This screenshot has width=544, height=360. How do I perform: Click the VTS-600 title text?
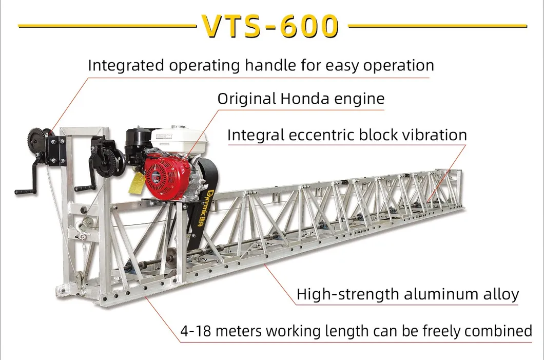coord(270,25)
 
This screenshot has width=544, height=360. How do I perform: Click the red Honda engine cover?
coord(163,172)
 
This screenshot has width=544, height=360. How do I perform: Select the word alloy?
coord(502,295)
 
